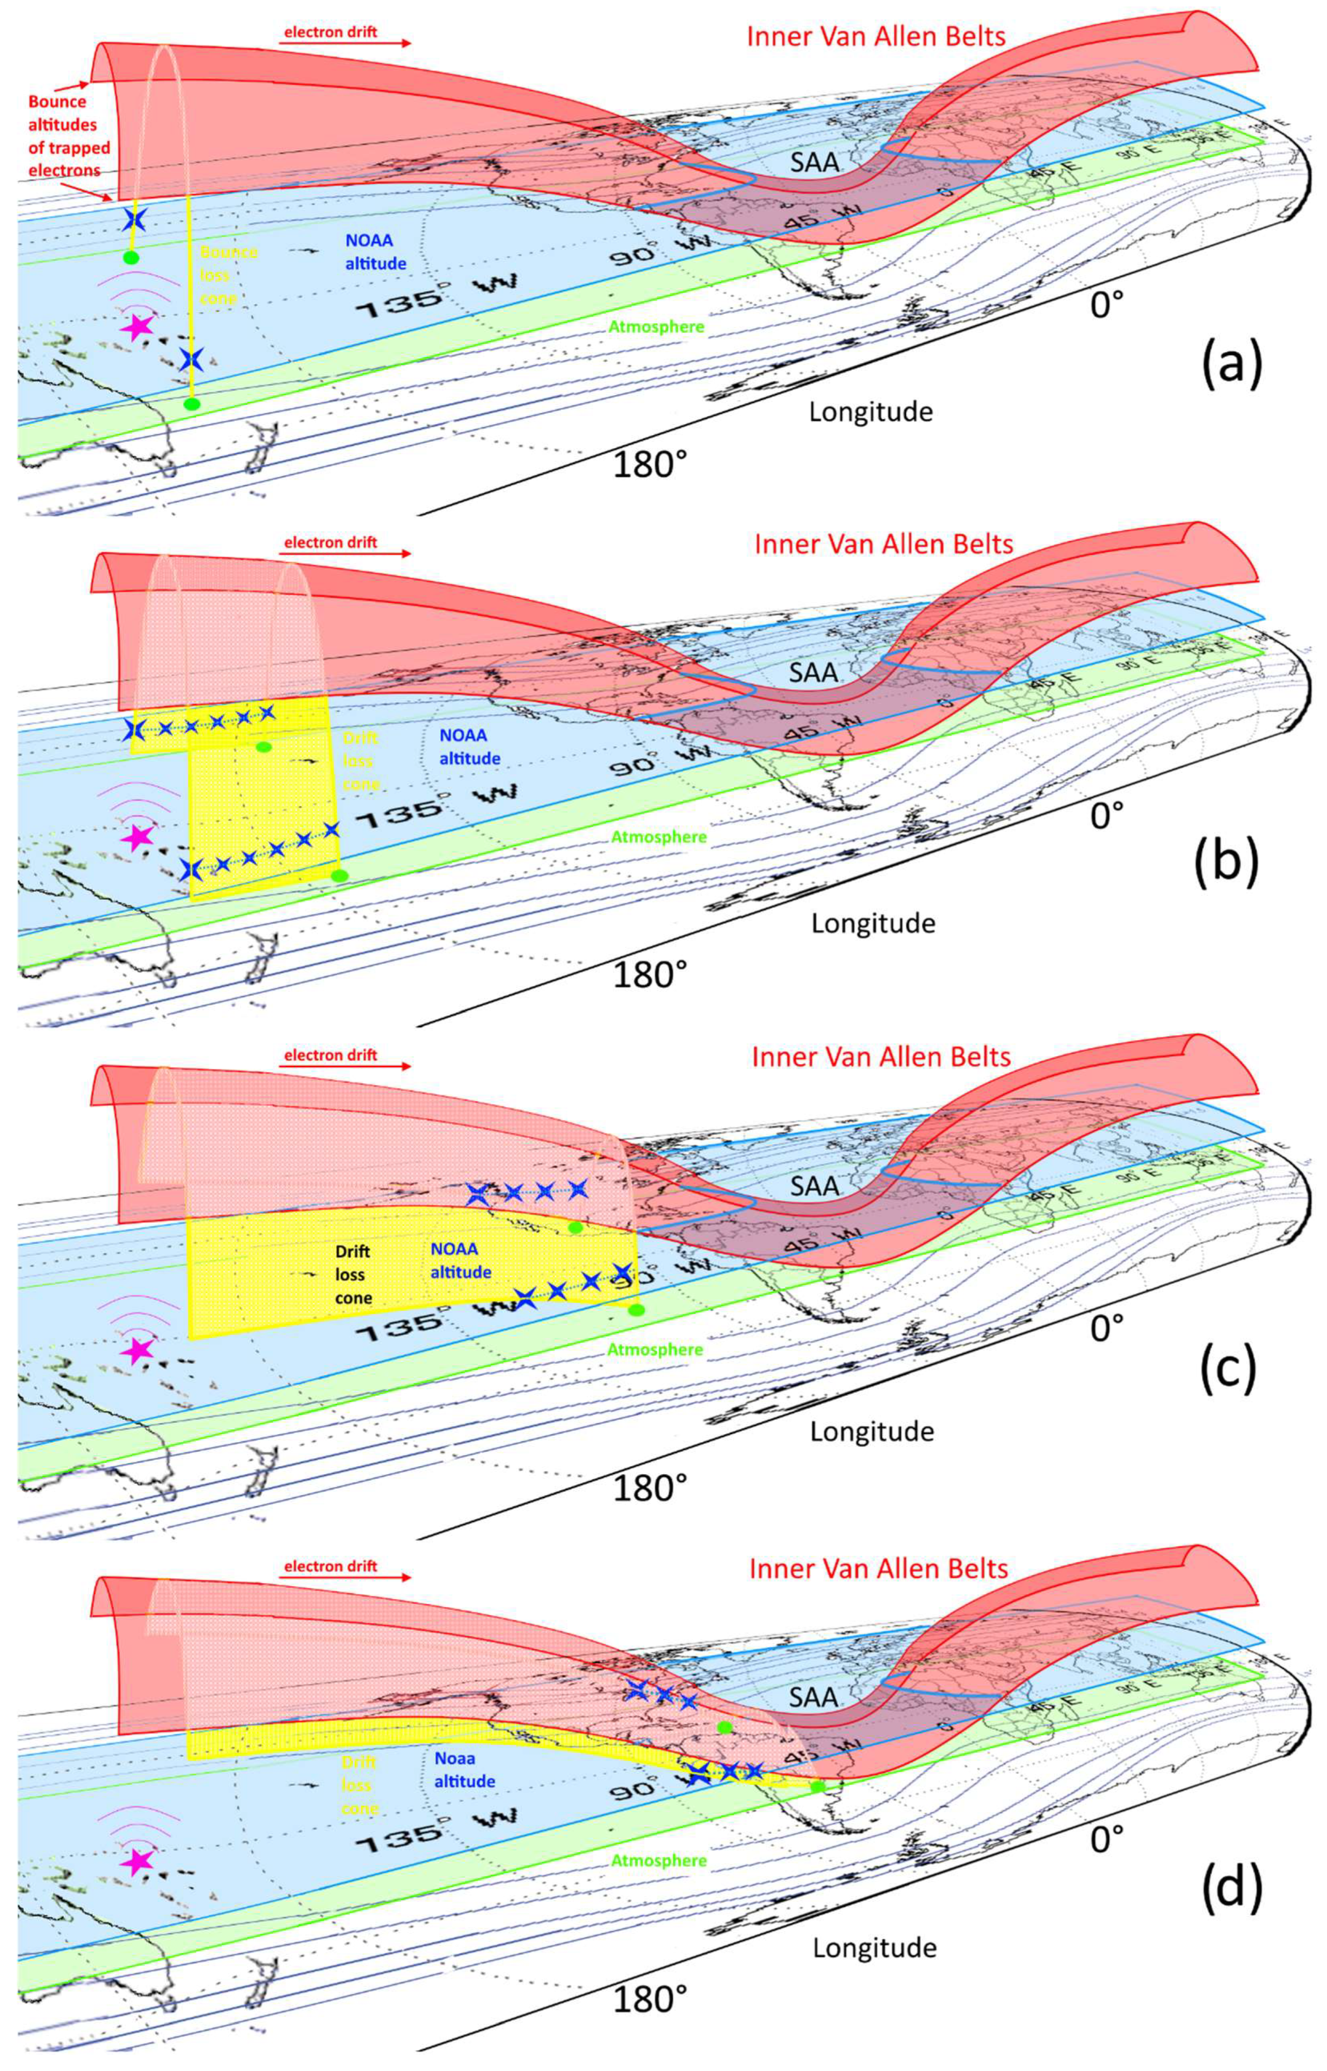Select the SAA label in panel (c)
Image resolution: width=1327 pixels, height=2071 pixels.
pyautogui.click(x=814, y=1186)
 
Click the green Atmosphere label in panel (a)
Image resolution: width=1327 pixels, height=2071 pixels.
pyautogui.click(x=657, y=326)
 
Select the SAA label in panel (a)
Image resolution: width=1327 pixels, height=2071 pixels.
pyautogui.click(x=814, y=161)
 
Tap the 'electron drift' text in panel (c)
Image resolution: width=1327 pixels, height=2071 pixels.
pyautogui.click(x=331, y=1056)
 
